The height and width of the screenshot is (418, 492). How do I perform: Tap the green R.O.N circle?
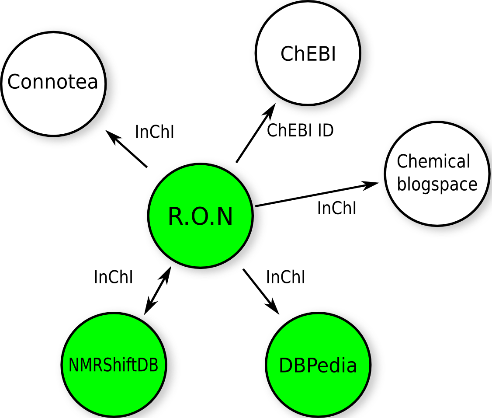[x=201, y=216]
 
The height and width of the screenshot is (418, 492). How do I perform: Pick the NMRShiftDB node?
[x=113, y=365]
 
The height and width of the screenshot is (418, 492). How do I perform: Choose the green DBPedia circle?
[x=318, y=366]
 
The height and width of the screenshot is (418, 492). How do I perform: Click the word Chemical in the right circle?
[x=433, y=162]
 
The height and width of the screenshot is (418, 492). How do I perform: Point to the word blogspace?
[x=437, y=184]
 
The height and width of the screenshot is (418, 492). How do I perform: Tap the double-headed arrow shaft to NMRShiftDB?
[x=157, y=290]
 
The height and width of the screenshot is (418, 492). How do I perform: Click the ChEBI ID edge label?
[x=300, y=130]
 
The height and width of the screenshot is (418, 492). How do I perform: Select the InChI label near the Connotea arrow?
[x=154, y=132]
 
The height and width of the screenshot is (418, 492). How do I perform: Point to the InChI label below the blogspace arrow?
[x=336, y=208]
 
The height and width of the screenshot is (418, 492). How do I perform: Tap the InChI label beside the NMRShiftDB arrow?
[x=113, y=277]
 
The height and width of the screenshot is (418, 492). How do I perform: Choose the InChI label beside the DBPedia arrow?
[x=285, y=277]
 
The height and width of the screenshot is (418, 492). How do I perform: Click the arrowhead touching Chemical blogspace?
[x=371, y=185]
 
